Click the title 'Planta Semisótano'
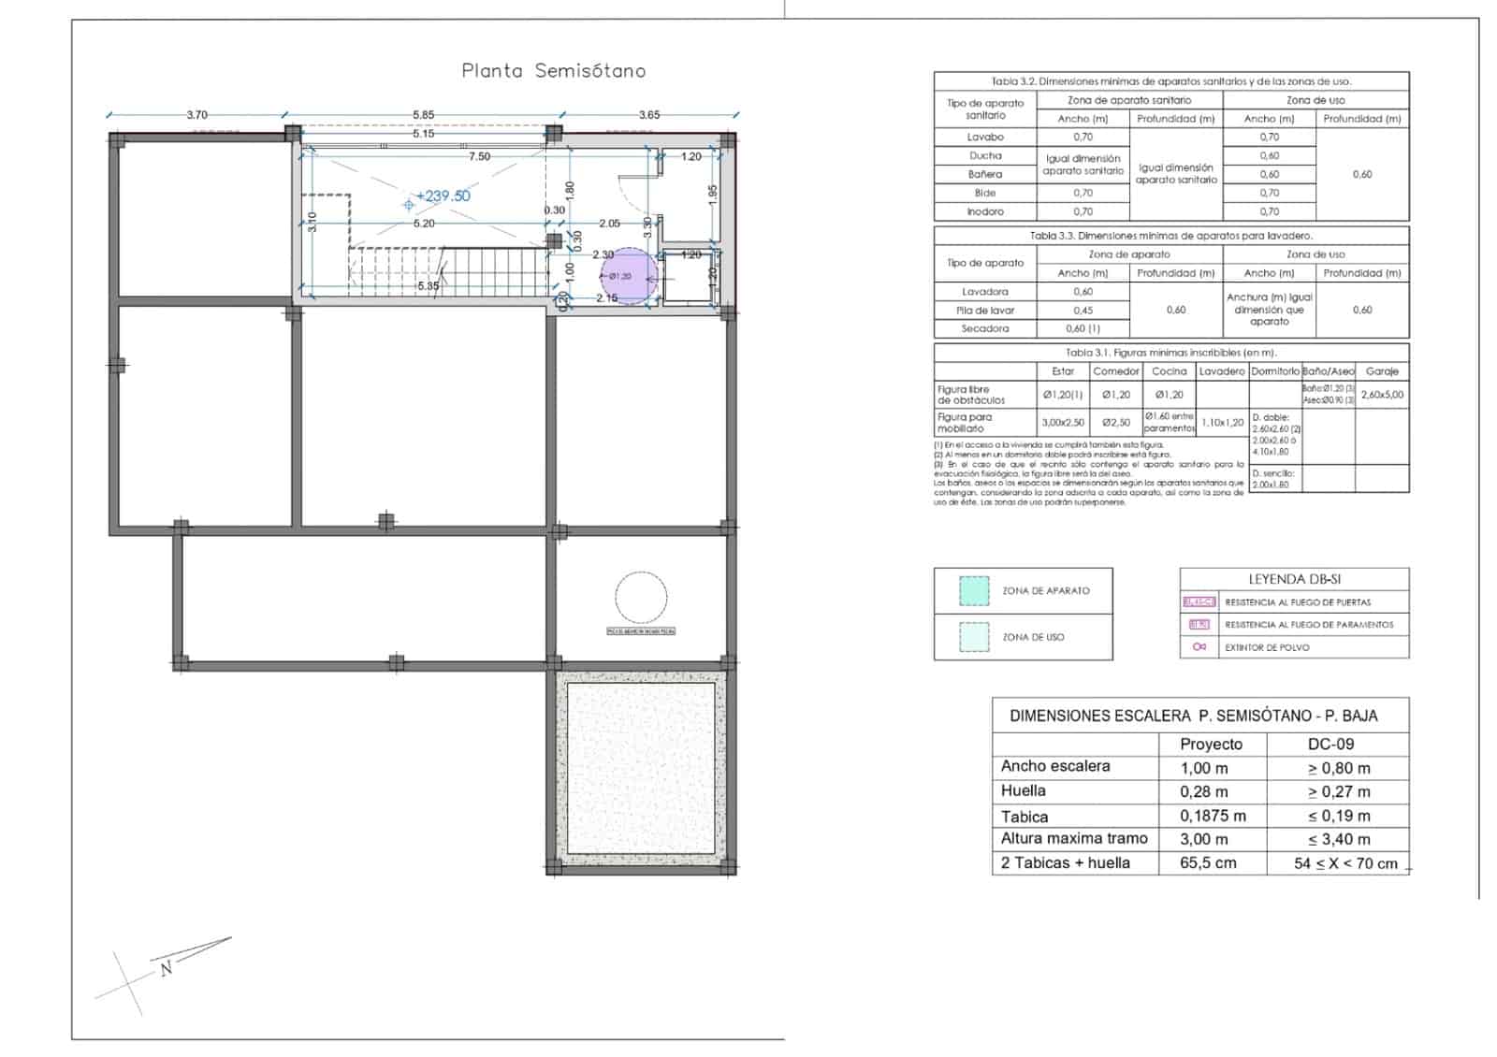pos(553,71)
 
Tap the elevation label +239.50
pos(443,196)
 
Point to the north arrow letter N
pos(167,969)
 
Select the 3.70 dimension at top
pos(196,115)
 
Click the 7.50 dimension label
pos(479,156)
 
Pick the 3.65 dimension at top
pos(648,115)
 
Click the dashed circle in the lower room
pos(641,597)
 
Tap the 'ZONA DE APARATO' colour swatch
pos(974,590)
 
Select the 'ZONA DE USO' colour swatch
pos(974,637)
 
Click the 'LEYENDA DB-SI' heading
pos(1294,580)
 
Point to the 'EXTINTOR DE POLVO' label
pos(1267,647)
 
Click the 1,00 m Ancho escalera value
pos(1204,768)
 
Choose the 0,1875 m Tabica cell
pos(1213,816)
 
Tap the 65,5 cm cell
pos(1208,862)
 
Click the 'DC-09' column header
pos(1330,745)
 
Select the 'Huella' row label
pos(1024,791)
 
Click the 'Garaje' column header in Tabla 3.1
pos(1382,371)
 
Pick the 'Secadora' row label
pos(984,328)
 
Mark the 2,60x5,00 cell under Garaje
pos(1382,395)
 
